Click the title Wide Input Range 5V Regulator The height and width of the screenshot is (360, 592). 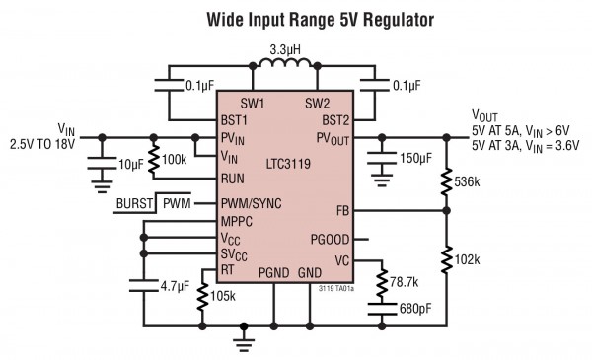click(295, 19)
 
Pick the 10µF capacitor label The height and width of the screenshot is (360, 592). click(129, 163)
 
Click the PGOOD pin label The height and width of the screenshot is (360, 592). click(330, 238)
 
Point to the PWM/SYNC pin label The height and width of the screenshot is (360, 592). click(250, 203)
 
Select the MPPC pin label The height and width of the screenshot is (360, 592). click(237, 221)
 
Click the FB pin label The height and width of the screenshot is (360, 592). click(341, 210)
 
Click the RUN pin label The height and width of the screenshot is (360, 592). click(233, 179)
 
